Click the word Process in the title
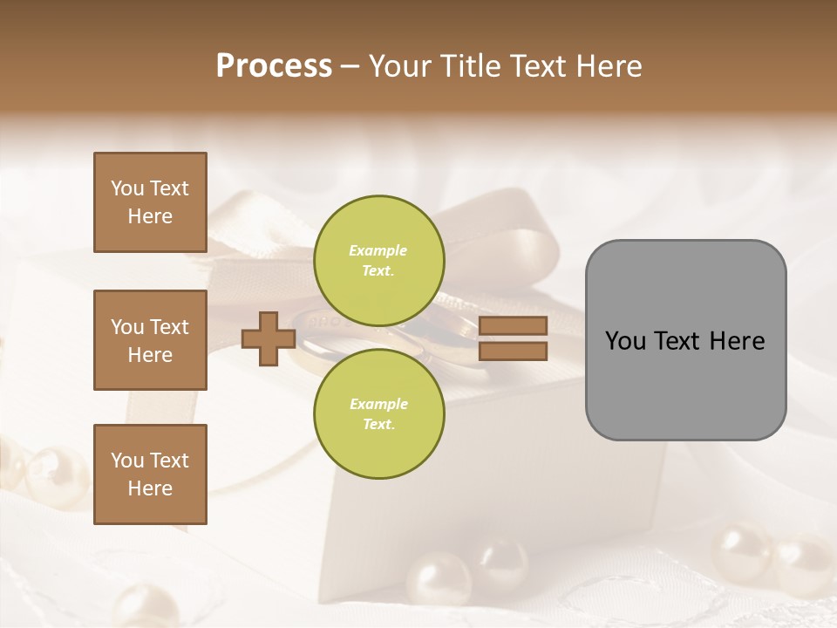pyautogui.click(x=274, y=66)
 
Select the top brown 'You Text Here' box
pyautogui.click(x=150, y=202)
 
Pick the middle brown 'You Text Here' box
pyautogui.click(x=150, y=340)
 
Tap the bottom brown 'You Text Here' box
pyautogui.click(x=150, y=474)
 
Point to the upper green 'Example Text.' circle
pyautogui.click(x=378, y=261)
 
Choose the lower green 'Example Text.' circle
pyautogui.click(x=378, y=414)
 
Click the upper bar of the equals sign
pyautogui.click(x=514, y=325)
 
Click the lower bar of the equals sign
pyautogui.click(x=514, y=352)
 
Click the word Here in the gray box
pyautogui.click(x=737, y=341)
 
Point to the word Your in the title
pyautogui.click(x=401, y=66)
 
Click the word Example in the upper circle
pyautogui.click(x=378, y=250)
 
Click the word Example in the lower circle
pyautogui.click(x=378, y=404)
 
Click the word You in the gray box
pyautogui.click(x=625, y=341)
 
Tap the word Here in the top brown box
pyautogui.click(x=150, y=216)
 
